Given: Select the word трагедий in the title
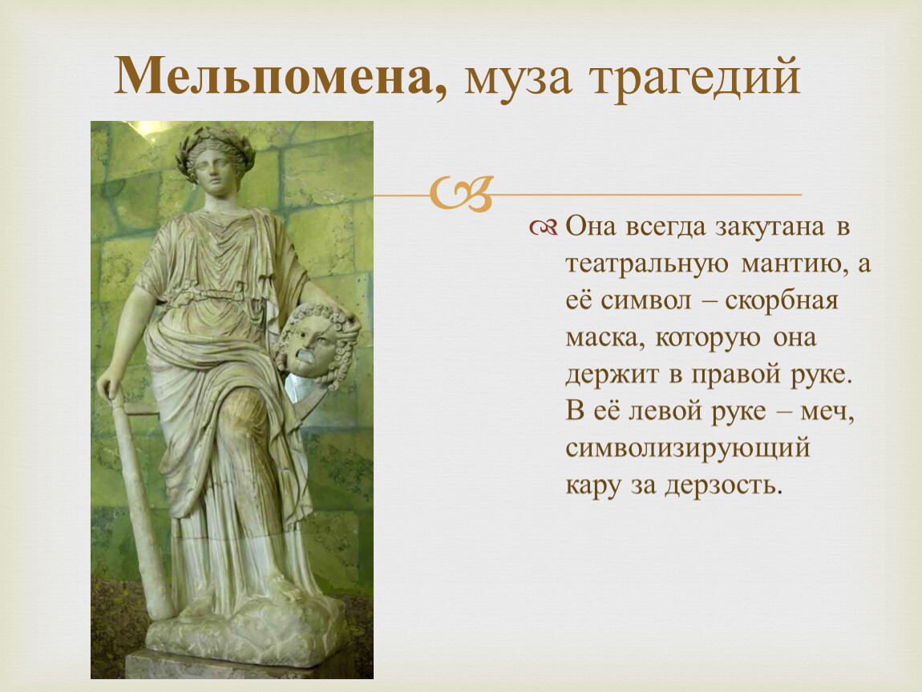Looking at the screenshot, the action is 696,78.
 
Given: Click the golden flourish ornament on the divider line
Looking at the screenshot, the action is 460,193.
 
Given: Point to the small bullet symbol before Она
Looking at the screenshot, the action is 543,227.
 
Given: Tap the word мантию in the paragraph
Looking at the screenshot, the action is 795,264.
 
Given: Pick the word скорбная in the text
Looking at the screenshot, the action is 782,300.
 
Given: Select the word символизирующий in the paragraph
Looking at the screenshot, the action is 688,449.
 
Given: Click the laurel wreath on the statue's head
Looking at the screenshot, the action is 215,147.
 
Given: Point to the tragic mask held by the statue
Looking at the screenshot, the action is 316,344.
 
